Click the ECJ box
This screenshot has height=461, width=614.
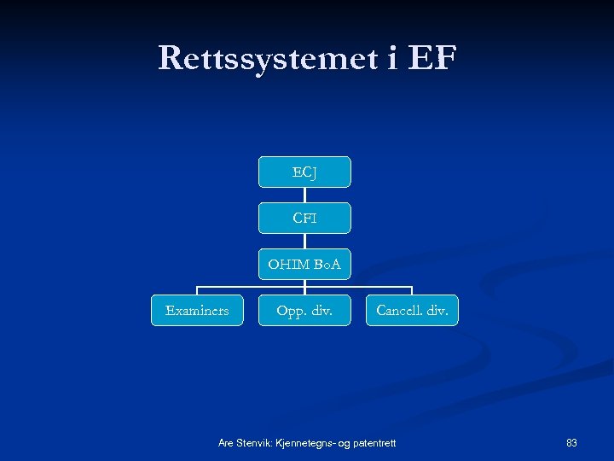coord(304,172)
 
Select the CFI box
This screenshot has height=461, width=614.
coord(304,218)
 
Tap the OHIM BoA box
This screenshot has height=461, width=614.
coord(304,265)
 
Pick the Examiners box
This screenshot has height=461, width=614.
coord(197,311)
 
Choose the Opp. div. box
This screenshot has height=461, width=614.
coord(304,311)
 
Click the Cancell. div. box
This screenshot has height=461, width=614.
coord(412,311)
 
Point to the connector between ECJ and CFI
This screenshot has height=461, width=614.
coord(304,195)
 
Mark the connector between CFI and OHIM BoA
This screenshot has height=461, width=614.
coord(304,241)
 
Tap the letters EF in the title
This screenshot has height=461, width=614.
coord(432,58)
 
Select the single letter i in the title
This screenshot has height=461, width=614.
coord(377,58)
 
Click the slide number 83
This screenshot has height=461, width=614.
coord(571,442)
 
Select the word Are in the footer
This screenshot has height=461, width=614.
coord(226,442)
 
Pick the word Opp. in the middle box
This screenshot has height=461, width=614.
coord(290,311)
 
